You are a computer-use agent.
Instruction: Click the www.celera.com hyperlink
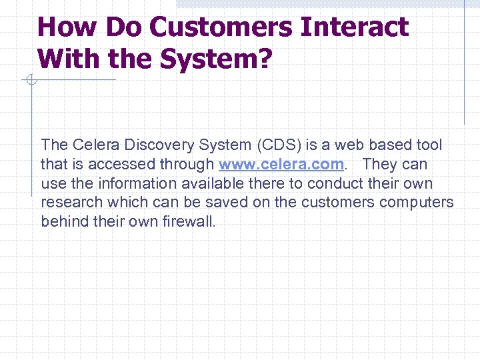[x=281, y=164]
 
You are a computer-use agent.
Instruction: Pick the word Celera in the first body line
[x=93, y=145]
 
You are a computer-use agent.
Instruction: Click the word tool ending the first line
[x=429, y=145]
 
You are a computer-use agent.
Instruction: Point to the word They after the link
[x=381, y=164]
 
